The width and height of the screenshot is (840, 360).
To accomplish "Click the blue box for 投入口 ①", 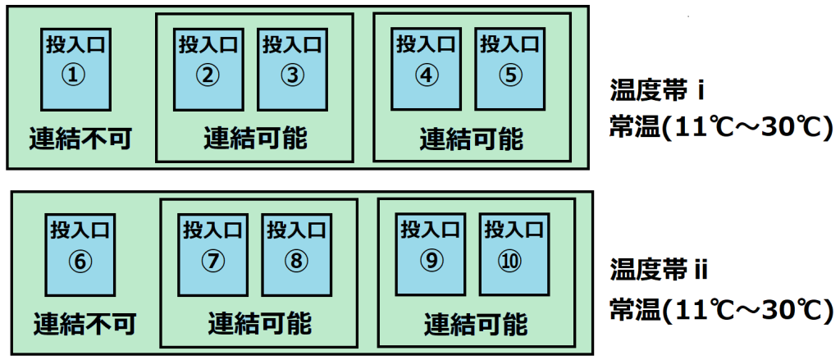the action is coord(75,69).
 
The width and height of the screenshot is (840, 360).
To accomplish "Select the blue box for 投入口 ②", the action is coord(208,69).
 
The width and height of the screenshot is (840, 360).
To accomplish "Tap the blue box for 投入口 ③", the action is coord(292,69).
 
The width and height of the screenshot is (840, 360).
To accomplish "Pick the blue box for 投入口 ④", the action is coord(426,69).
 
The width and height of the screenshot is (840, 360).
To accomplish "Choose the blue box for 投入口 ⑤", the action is coord(509,69).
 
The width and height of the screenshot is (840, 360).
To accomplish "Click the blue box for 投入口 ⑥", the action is coord(80,254).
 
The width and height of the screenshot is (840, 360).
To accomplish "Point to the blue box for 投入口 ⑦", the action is coord(212,254).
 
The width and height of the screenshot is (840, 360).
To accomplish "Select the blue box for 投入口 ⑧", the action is coord(296,254).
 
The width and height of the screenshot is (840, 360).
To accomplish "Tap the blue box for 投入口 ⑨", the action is coord(430,254).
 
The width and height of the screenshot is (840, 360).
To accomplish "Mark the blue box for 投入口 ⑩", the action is coord(514,254).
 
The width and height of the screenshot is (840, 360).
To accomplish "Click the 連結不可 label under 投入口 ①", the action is coord(80,139).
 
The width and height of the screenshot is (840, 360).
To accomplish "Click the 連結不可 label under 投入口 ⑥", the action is coord(84,323).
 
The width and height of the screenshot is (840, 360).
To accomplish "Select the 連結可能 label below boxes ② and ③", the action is coord(256,139).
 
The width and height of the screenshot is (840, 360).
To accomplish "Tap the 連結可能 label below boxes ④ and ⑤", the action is coord(471,139).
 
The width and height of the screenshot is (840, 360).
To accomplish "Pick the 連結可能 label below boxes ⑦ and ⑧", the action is coord(260,323).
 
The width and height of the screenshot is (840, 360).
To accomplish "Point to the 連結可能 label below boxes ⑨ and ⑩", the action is coord(477,323).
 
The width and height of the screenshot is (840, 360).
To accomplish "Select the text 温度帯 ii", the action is coord(660,271).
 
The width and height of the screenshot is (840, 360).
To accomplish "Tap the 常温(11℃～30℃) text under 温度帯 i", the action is coord(720,129).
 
